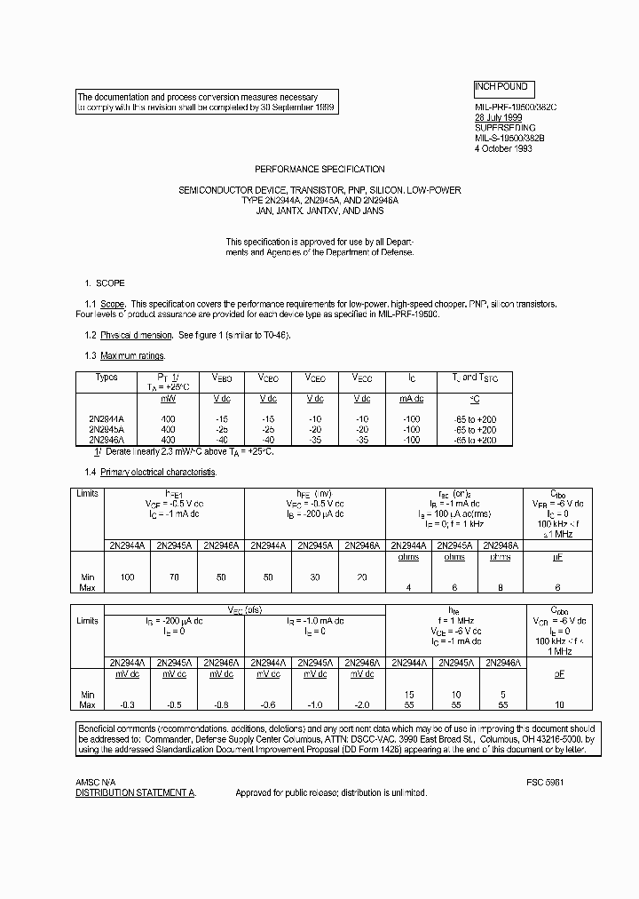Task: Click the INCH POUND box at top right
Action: coord(502,88)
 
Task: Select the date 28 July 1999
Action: coord(499,117)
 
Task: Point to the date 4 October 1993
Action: coord(502,148)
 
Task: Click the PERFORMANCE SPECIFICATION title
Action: coord(319,169)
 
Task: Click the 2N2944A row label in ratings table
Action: coord(106,418)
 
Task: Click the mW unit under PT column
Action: coord(168,399)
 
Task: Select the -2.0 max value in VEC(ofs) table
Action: coord(362,704)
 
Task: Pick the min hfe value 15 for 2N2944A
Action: coord(408,694)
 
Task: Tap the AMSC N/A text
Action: coord(95,782)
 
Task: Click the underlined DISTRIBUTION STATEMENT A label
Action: coord(136,792)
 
